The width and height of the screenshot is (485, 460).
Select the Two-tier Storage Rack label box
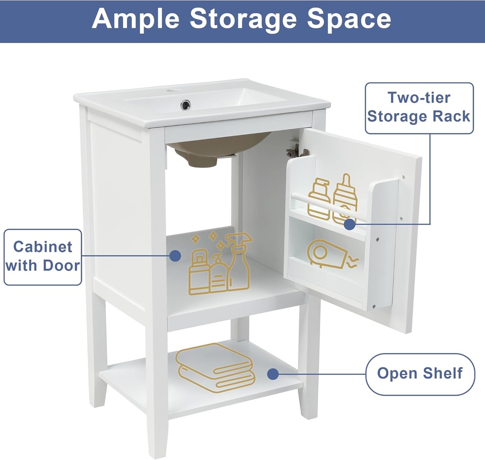click(419, 107)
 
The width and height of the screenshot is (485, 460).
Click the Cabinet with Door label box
click(43, 257)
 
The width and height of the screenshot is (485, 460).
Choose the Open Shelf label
click(420, 373)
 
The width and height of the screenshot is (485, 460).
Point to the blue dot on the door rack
click(350, 224)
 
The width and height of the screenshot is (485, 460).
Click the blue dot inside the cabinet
click(175, 256)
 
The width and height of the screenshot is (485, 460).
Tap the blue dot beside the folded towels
click(272, 374)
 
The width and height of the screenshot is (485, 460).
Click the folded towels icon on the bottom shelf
click(216, 367)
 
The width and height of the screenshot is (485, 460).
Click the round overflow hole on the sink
click(186, 105)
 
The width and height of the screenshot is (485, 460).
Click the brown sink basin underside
click(213, 148)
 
